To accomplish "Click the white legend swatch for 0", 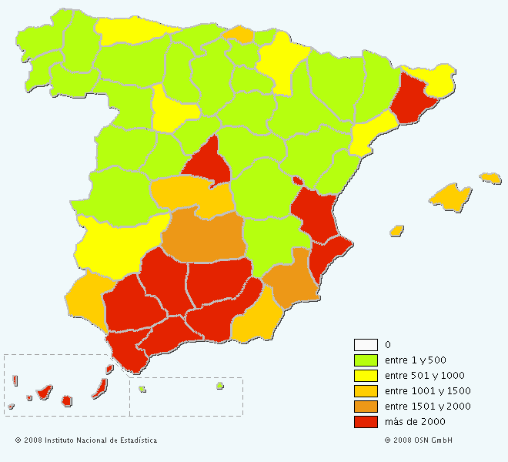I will tap(366, 344).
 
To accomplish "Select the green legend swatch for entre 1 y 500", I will tap(366, 360).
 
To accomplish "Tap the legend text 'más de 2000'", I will tap(415, 421).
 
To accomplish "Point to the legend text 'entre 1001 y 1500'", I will tap(427, 390).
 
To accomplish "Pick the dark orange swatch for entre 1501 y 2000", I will tap(366, 406).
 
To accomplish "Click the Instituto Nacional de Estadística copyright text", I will tap(85, 440).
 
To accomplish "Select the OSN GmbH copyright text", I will tap(418, 440).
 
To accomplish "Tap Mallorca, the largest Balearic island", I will tap(450, 197).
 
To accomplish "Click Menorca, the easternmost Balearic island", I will tap(490, 178).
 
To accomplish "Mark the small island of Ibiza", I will tap(396, 230).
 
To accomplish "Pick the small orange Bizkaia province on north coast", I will tap(239, 34).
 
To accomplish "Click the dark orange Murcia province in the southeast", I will tap(291, 281).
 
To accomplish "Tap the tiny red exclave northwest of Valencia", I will tap(296, 181).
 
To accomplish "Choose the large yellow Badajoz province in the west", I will tap(115, 239).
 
